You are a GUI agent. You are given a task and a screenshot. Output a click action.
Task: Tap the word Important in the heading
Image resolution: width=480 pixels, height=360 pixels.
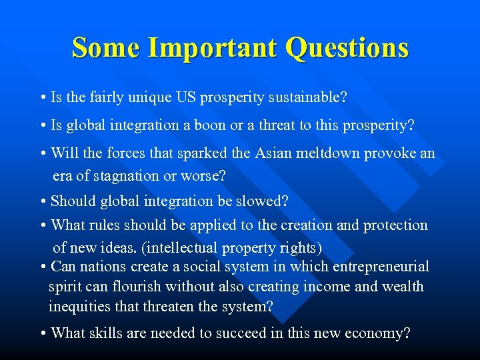pos(213,48)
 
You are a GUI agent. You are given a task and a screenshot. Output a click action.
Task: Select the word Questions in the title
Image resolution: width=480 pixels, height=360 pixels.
pos(347,48)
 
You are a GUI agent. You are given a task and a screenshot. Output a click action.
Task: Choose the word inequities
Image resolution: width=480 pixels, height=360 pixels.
pos(79,307)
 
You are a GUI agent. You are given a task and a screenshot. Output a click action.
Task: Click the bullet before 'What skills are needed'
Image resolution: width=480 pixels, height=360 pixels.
pos(43,333)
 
